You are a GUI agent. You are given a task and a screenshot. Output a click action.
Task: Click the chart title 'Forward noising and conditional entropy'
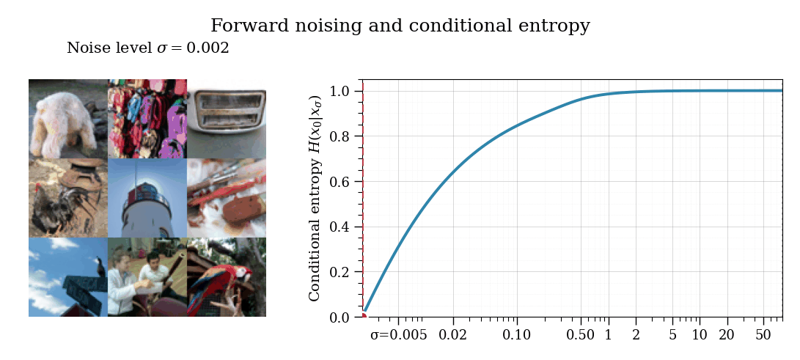click(400, 26)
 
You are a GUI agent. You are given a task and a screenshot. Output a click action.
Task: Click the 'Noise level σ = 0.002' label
click(148, 48)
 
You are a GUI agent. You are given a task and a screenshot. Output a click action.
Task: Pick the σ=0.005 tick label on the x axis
click(399, 335)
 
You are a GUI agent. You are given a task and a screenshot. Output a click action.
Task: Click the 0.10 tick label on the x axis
click(517, 335)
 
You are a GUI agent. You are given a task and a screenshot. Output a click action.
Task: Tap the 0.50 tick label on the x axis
click(581, 335)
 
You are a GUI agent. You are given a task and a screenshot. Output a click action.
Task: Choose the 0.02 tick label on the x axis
click(453, 335)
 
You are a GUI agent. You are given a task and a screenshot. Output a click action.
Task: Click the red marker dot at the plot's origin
click(363, 316)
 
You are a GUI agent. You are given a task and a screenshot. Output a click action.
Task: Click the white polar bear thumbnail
click(68, 119)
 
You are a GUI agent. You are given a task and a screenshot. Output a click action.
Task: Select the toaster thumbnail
click(227, 119)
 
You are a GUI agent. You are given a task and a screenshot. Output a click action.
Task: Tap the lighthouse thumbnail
click(147, 198)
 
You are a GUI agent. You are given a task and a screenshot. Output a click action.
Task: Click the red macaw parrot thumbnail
click(227, 277)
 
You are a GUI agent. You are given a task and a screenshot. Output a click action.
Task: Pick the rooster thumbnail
click(68, 198)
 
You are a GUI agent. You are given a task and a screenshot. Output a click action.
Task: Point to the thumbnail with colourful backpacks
click(147, 119)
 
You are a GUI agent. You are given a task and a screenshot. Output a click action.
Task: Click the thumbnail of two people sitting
click(147, 277)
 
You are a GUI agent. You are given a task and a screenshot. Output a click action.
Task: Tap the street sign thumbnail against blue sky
click(68, 277)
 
